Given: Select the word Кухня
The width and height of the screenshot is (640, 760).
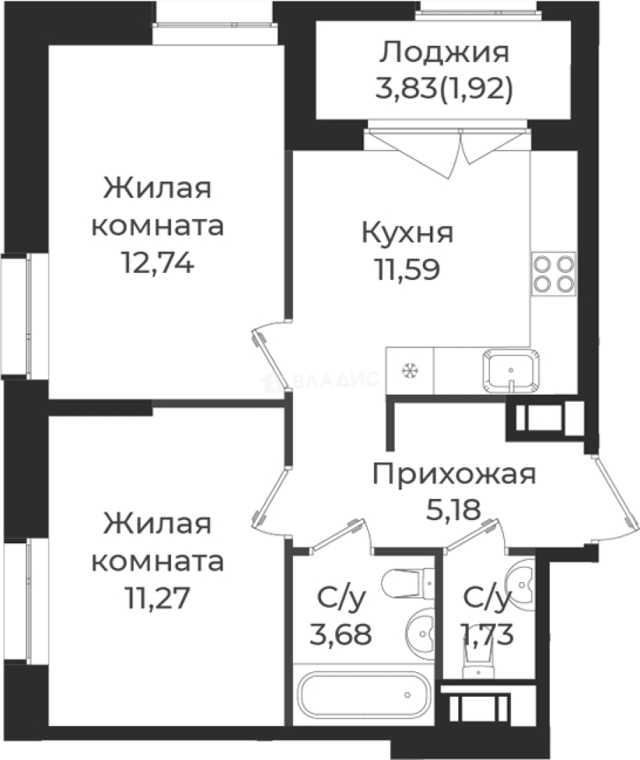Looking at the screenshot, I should pyautogui.click(x=407, y=233).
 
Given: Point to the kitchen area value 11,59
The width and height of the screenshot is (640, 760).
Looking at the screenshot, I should pyautogui.click(x=407, y=270).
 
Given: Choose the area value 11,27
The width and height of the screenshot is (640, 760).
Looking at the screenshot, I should pyautogui.click(x=156, y=599).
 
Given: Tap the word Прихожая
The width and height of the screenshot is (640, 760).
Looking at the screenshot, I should pyautogui.click(x=454, y=474).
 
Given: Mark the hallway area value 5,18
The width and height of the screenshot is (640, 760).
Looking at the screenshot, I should pyautogui.click(x=453, y=509).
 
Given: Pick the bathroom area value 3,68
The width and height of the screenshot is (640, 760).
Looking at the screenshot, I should pyautogui.click(x=340, y=635).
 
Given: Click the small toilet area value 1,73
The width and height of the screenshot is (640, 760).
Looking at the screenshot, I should pyautogui.click(x=487, y=635).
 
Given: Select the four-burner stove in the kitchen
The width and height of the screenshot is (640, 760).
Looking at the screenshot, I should pyautogui.click(x=553, y=273).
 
